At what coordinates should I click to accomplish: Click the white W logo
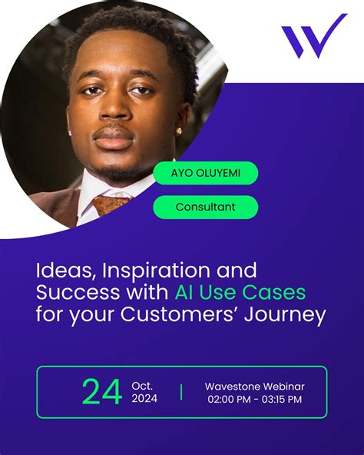tap(312, 37)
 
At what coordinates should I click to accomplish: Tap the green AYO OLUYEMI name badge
tap(205, 173)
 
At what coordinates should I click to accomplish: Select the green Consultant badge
tap(205, 207)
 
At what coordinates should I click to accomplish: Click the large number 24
tap(101, 392)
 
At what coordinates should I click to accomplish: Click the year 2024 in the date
tap(146, 400)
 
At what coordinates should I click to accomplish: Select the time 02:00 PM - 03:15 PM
tap(253, 400)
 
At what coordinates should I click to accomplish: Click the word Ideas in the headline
tap(61, 271)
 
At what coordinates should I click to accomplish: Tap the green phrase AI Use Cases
tap(240, 293)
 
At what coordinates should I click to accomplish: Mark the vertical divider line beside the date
tap(181, 392)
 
